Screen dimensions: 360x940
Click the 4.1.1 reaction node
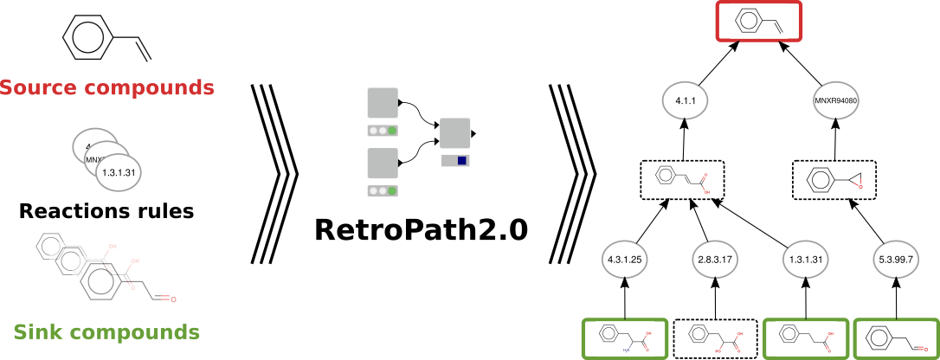[685, 101]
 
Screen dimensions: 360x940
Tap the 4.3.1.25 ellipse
[624, 259]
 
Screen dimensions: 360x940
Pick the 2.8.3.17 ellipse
[716, 259]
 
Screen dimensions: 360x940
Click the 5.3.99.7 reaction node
[896, 259]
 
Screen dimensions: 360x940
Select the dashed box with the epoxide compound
[835, 181]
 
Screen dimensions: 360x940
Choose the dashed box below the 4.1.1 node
[682, 181]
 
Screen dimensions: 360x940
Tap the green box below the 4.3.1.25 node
[624, 338]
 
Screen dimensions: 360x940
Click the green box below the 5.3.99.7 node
[896, 338]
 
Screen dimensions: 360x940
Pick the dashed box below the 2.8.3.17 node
[716, 338]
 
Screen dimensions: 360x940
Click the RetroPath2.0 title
[421, 230]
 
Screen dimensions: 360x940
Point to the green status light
[392, 131]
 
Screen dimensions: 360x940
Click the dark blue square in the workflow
[462, 161]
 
